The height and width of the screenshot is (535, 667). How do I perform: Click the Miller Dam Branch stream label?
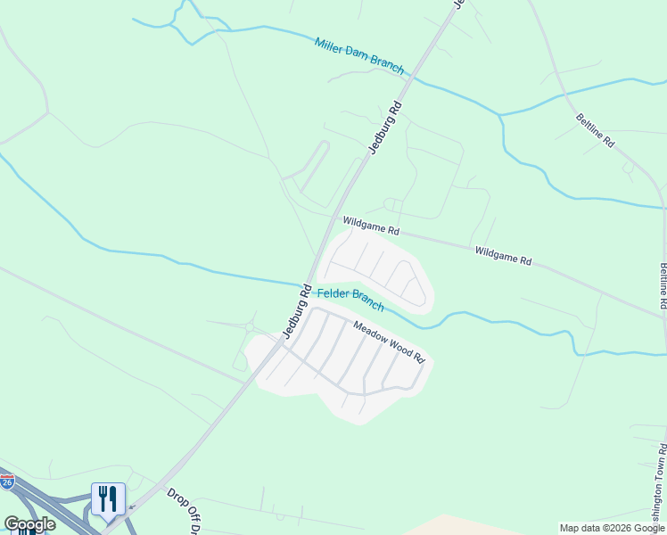(x=358, y=55)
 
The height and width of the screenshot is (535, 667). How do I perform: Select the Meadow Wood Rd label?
(x=389, y=342)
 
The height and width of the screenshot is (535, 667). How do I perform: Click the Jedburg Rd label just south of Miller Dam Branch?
(x=385, y=128)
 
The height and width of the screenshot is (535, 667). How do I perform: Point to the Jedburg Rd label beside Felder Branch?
(x=295, y=311)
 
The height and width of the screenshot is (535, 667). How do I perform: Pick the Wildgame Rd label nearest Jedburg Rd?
(x=369, y=224)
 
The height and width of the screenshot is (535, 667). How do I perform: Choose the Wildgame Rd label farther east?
(x=503, y=257)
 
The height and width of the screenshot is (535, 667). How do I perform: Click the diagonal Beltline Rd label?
(x=595, y=130)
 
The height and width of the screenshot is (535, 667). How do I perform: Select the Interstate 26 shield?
(x=7, y=482)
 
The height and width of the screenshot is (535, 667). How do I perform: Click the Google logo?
(x=29, y=524)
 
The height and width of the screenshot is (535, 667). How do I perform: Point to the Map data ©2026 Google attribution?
(x=612, y=528)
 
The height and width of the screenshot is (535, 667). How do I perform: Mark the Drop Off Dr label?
(x=182, y=511)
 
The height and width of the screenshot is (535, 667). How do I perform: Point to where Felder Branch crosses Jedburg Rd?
(x=312, y=282)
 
